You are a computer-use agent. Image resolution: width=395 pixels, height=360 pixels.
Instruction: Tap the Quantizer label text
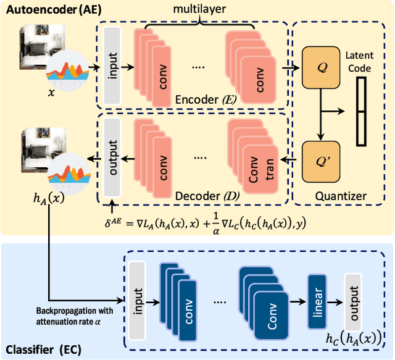[340, 196]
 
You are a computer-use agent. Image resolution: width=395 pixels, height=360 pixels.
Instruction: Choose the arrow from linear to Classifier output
[334, 303]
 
